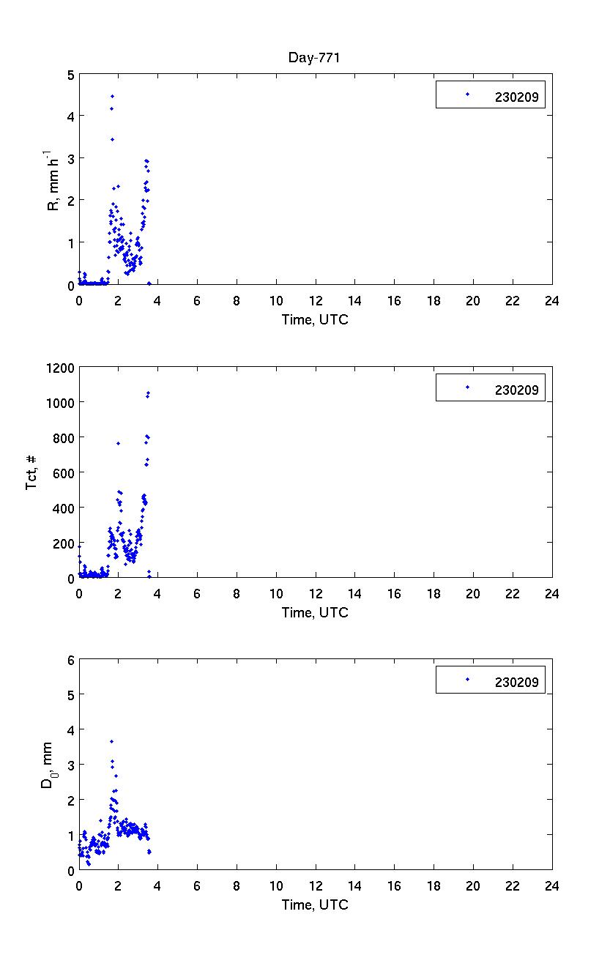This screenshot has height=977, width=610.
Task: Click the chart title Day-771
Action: [x=315, y=59]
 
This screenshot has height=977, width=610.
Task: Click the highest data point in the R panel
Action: [x=112, y=96]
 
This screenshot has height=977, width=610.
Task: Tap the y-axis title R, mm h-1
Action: [x=53, y=180]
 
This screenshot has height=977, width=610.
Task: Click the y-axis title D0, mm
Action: [x=47, y=765]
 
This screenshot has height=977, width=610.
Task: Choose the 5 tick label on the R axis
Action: [x=70, y=75]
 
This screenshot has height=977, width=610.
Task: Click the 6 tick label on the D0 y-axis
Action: [x=70, y=660]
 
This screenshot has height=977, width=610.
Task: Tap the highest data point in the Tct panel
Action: [x=148, y=393]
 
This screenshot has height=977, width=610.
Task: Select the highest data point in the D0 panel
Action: [x=111, y=741]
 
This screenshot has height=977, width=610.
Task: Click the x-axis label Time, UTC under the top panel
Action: [x=315, y=319]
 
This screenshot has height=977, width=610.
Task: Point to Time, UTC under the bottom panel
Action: [x=315, y=904]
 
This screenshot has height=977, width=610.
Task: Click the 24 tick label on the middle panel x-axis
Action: [x=551, y=594]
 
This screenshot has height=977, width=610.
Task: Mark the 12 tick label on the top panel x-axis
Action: [x=316, y=301]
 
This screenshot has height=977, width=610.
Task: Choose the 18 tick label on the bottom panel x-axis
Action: [x=434, y=886]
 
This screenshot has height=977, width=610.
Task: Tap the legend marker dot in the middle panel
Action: [x=467, y=387]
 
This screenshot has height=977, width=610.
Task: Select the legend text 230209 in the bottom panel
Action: [x=516, y=682]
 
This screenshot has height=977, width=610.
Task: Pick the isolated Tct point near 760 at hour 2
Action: [x=118, y=443]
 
